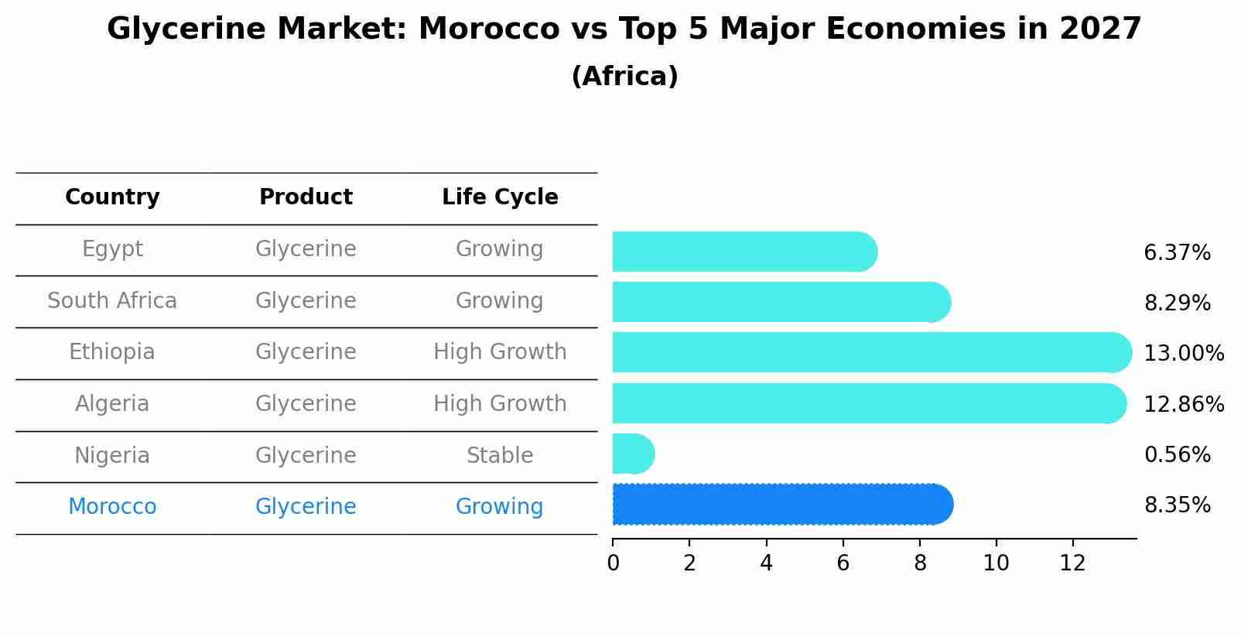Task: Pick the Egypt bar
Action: (x=743, y=252)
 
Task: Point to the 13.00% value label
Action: (x=1183, y=354)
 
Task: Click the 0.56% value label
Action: (x=1177, y=455)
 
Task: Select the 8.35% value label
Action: (x=1177, y=505)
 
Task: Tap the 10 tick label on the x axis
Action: (x=996, y=563)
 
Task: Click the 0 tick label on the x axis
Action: (x=613, y=563)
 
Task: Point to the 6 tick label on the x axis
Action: (x=843, y=563)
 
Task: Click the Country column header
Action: (x=112, y=197)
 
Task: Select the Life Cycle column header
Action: (x=500, y=197)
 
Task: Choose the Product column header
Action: (x=306, y=197)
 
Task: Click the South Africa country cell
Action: (x=112, y=301)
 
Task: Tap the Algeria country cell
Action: (x=112, y=404)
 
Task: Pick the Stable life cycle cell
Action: (x=500, y=456)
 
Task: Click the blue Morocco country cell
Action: (x=112, y=507)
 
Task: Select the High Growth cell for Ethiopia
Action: (x=500, y=352)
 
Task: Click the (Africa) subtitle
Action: (x=624, y=77)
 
